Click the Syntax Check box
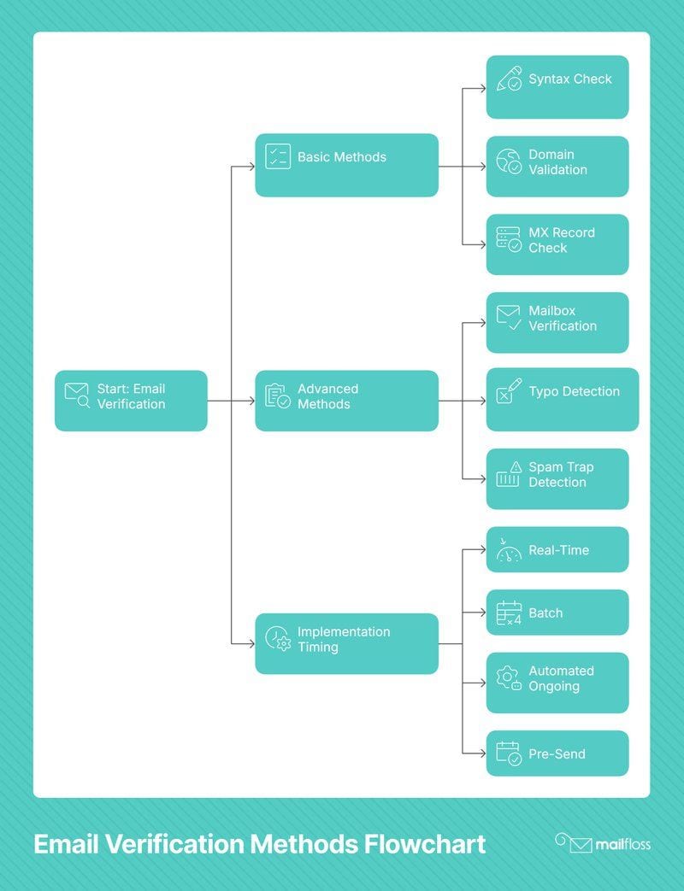(x=557, y=87)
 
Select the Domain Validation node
(x=557, y=167)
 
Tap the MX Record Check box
(x=557, y=244)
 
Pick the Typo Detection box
(x=563, y=400)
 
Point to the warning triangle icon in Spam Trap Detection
(x=516, y=467)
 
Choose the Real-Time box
(x=557, y=549)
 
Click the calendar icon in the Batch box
(x=509, y=613)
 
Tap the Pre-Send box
(x=557, y=753)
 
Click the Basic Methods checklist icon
(x=278, y=157)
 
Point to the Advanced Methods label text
(x=328, y=396)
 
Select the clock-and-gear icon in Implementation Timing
(x=278, y=639)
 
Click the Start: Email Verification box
(x=131, y=401)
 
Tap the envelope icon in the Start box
(x=77, y=396)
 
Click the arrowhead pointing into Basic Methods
(x=252, y=167)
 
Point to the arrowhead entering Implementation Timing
(x=252, y=644)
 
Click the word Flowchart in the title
(x=425, y=844)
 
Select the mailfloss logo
(x=603, y=844)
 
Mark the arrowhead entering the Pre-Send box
(x=483, y=753)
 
